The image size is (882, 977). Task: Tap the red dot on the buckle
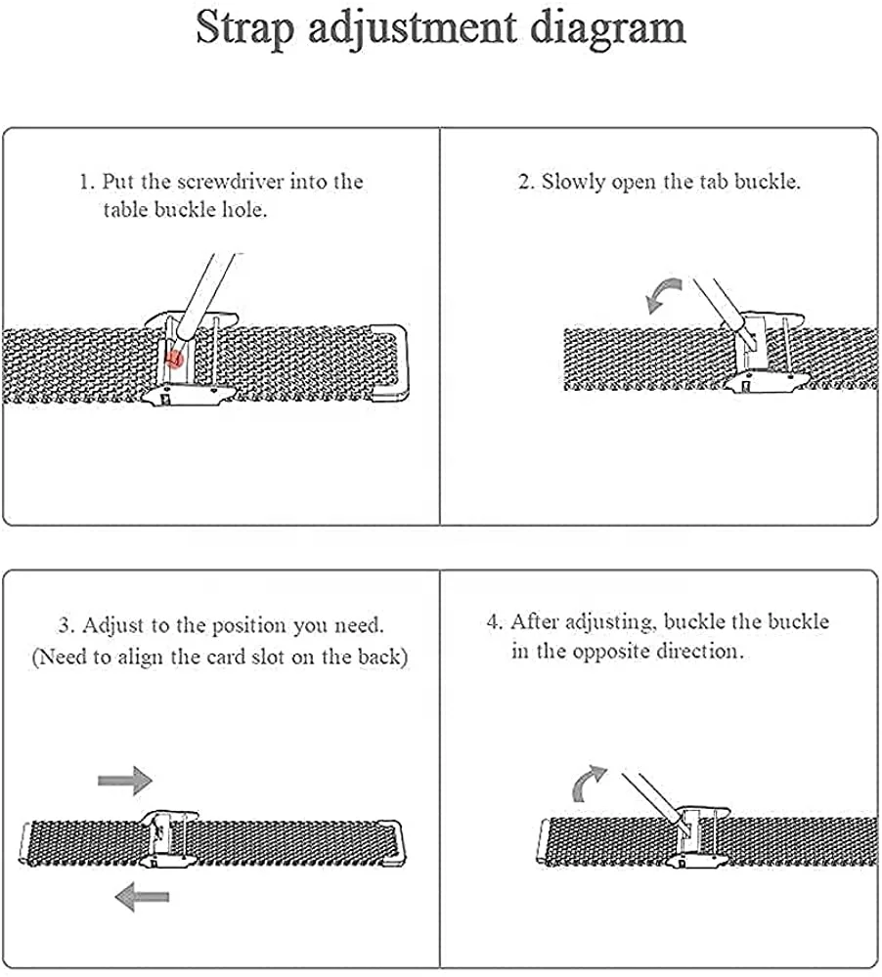[175, 359]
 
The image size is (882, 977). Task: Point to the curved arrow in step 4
[588, 783]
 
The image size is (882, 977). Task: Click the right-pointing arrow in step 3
[124, 780]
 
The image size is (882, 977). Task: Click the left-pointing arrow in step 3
[141, 894]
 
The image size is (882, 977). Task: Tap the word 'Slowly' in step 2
[574, 182]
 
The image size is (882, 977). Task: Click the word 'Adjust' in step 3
[114, 625]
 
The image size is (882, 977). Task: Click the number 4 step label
[494, 622]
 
